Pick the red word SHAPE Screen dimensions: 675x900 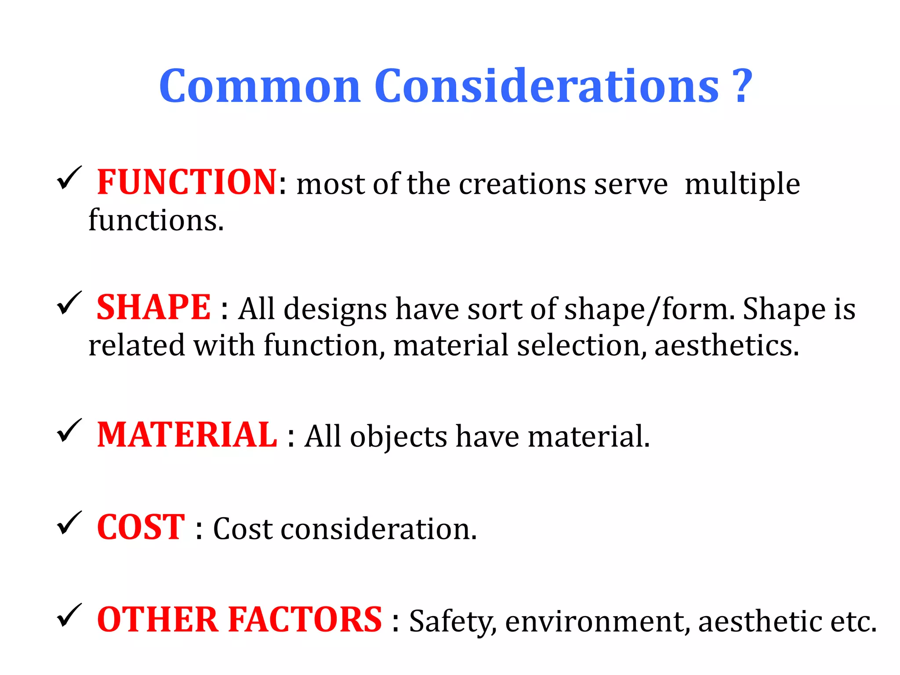pyautogui.click(x=154, y=307)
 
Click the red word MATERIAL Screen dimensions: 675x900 pyautogui.click(x=187, y=435)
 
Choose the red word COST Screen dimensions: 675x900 pyautogui.click(x=141, y=527)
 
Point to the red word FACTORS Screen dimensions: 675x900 pyautogui.click(x=305, y=619)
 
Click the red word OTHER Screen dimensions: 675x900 pyautogui.click(x=158, y=619)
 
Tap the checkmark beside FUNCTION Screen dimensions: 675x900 pyautogui.click(x=69, y=178)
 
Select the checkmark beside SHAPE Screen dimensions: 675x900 pyautogui.click(x=69, y=303)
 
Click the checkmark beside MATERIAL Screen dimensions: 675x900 pyautogui.click(x=69, y=431)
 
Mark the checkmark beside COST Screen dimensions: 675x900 pyautogui.click(x=69, y=523)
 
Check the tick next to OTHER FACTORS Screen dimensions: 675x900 pyautogui.click(x=69, y=615)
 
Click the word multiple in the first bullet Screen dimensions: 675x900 pyautogui.click(x=742, y=184)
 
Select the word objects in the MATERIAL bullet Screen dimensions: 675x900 pyautogui.click(x=398, y=437)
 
